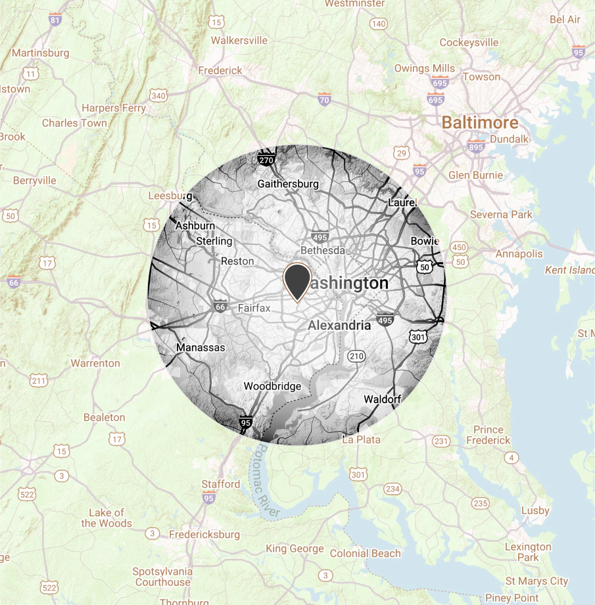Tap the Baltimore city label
click(479, 122)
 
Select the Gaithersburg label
click(289, 184)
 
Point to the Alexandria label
click(339, 325)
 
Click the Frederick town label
click(220, 70)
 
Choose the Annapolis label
click(519, 254)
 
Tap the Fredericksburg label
click(204, 535)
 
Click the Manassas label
click(201, 347)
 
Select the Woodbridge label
click(272, 386)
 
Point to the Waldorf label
click(382, 399)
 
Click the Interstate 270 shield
click(266, 160)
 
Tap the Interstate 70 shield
click(324, 100)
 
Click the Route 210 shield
click(356, 357)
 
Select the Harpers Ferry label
click(109, 108)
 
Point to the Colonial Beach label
click(365, 553)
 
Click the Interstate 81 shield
click(55, 20)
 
